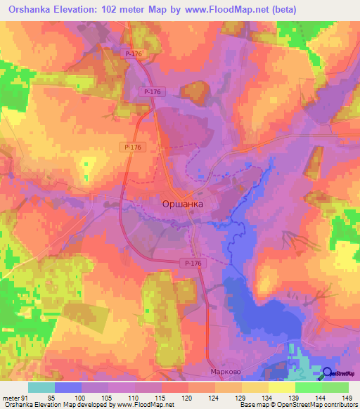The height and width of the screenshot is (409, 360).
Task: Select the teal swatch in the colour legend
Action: pos(41,388)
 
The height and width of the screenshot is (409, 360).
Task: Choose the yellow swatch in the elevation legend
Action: pos(281,388)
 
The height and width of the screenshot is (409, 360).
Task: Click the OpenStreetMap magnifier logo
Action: pos(328,373)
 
